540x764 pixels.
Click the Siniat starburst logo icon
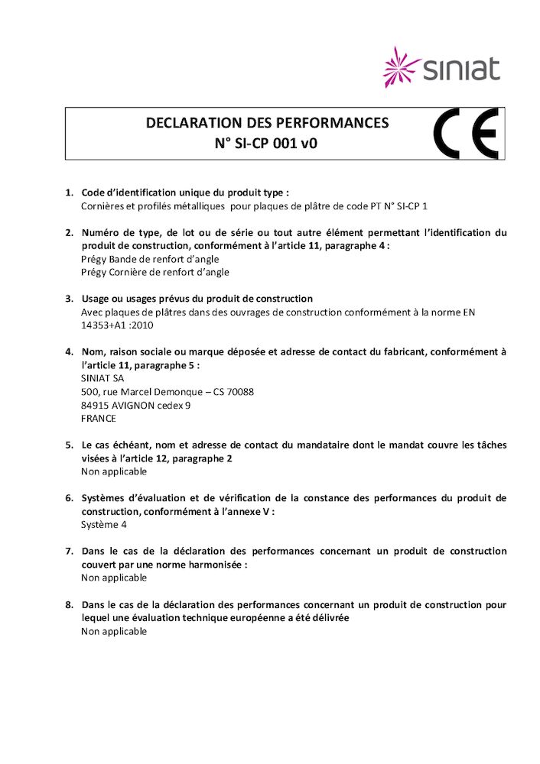click(402, 66)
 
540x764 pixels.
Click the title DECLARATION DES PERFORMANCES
click(267, 123)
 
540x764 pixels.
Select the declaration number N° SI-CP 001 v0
click(267, 142)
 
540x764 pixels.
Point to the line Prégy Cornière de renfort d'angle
click(155, 272)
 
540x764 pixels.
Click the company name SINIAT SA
click(102, 378)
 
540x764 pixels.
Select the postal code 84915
click(94, 405)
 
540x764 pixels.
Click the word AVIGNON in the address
click(134, 405)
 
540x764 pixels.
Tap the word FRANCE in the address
click(99, 419)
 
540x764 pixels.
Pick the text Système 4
click(104, 525)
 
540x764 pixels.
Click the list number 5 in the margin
click(69, 445)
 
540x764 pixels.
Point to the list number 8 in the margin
click(69, 605)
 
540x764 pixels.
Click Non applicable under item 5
click(114, 471)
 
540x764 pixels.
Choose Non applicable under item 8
click(114, 632)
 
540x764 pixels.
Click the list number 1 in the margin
click(69, 193)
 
